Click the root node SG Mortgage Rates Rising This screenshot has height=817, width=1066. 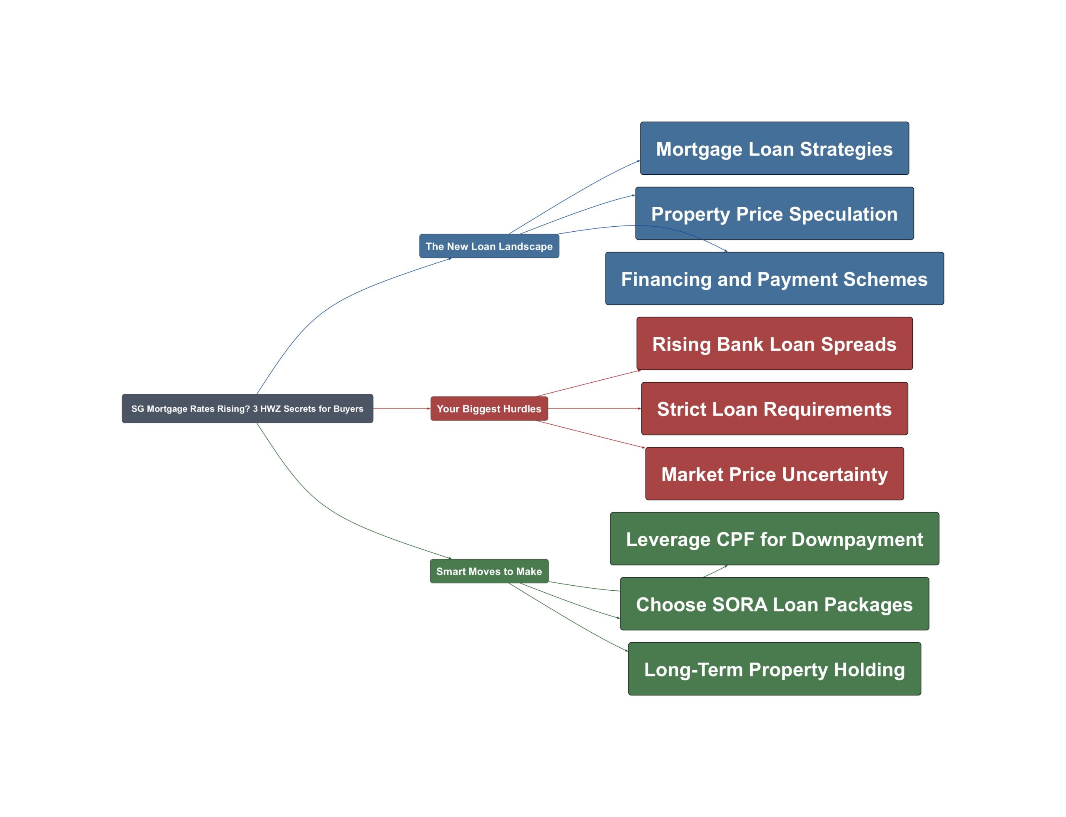(x=247, y=408)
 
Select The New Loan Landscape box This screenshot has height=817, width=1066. (x=489, y=246)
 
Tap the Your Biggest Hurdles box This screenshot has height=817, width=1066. (x=489, y=408)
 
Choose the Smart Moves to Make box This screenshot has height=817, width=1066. (x=489, y=571)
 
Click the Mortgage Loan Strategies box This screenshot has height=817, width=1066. (x=774, y=149)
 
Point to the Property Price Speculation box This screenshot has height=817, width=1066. (x=774, y=213)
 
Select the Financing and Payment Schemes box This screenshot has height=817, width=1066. (x=774, y=279)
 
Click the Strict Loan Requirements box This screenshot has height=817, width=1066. (x=774, y=408)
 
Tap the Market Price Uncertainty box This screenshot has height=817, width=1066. (x=774, y=474)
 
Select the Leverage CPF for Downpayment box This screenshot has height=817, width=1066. (x=774, y=539)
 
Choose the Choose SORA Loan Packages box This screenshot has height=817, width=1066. (x=774, y=604)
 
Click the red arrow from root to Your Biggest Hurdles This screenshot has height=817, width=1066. (x=401, y=408)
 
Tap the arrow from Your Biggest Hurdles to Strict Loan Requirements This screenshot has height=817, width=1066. (x=594, y=408)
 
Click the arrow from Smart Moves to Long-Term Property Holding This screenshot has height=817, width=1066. (x=570, y=618)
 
